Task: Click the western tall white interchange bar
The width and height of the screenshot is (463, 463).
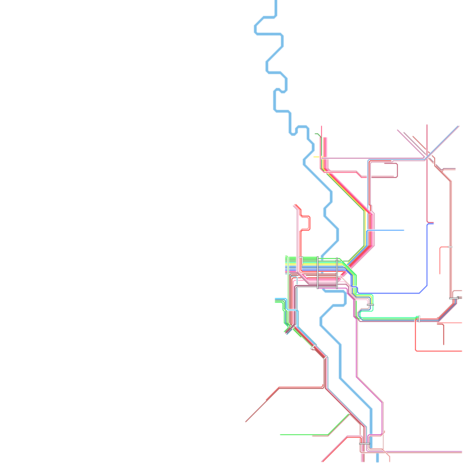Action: pos(318,273)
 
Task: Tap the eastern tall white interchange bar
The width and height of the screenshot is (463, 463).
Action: pos(337,273)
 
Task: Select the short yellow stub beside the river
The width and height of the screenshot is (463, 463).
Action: pos(316,157)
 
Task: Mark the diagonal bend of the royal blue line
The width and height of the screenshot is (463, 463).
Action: pos(423,289)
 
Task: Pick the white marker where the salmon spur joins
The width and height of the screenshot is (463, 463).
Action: pos(450,247)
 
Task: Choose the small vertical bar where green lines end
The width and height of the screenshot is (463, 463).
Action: pos(419,319)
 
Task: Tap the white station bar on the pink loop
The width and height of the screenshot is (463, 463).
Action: pos(370,305)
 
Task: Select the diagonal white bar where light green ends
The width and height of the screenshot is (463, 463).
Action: pos(313,347)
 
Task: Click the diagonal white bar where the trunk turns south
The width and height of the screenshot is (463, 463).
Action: pos(325,357)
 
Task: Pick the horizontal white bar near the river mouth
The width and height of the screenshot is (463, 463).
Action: pos(364,443)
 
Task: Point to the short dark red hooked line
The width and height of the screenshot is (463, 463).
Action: pos(442,333)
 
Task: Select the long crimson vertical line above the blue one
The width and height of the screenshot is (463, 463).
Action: pos(427,174)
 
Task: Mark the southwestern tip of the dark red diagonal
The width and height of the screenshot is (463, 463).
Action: pos(246,421)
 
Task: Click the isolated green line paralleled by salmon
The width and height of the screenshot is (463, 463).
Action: pos(304,435)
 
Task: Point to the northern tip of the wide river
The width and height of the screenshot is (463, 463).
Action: pos(275,1)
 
